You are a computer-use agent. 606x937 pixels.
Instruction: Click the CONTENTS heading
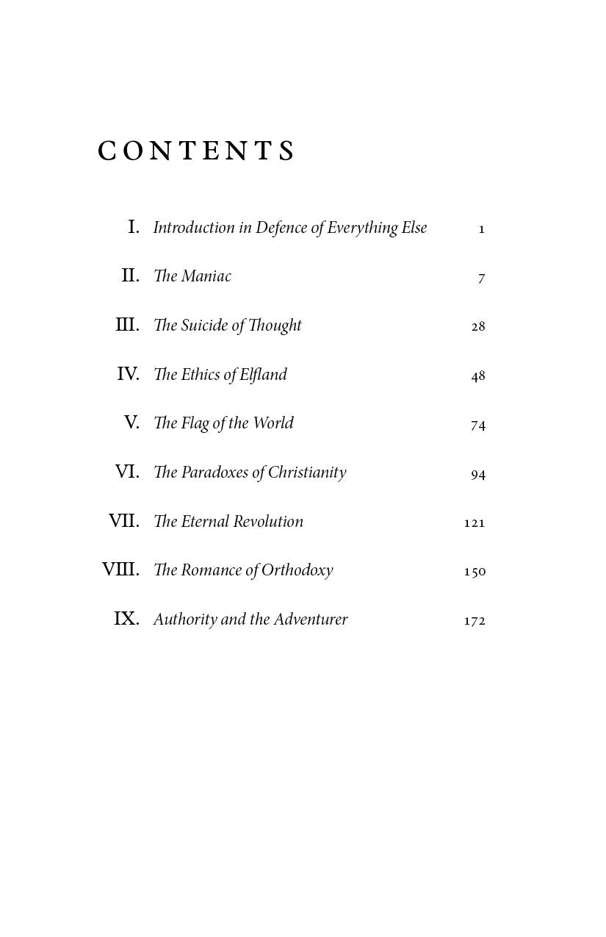tap(196, 151)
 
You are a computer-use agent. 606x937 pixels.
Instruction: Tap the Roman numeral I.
tap(134, 227)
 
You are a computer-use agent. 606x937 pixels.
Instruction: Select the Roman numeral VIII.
tap(120, 570)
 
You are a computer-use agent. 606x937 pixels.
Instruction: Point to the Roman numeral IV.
tap(128, 374)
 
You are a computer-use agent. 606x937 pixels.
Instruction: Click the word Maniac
tap(206, 276)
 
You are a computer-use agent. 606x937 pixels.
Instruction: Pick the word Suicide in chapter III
tap(205, 326)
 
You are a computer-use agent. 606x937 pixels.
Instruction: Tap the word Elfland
tap(263, 375)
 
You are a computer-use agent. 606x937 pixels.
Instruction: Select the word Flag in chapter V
tap(195, 424)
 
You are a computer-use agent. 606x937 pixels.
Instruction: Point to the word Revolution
tap(268, 522)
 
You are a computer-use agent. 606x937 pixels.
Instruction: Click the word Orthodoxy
tap(297, 571)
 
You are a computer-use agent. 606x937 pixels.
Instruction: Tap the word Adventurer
tap(311, 620)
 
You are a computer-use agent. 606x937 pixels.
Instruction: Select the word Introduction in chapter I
tap(194, 228)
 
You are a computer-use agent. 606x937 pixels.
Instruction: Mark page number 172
tap(475, 620)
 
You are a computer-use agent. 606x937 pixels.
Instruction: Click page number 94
tap(478, 475)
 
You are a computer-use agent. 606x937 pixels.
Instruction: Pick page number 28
tap(478, 326)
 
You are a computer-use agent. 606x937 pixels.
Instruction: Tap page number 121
tap(475, 523)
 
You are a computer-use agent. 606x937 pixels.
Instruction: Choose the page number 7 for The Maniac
tap(482, 278)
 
